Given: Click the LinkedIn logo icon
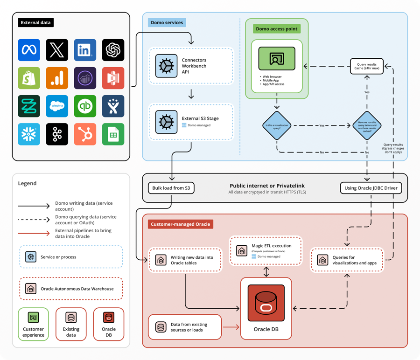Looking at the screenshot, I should (x=85, y=50).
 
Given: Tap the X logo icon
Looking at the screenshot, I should (x=57, y=50).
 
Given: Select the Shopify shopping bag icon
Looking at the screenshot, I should (x=29, y=78).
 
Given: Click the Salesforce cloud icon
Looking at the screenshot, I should (x=57, y=106).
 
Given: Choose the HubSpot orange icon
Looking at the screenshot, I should (x=85, y=134).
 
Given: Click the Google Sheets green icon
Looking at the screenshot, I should (x=113, y=134).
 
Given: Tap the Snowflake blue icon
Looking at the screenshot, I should (x=29, y=134).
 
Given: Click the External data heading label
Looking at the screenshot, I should (x=36, y=22).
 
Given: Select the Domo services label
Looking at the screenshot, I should (x=167, y=22).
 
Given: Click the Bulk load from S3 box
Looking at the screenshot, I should (x=170, y=188).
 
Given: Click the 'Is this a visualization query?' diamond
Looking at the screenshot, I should (x=277, y=125).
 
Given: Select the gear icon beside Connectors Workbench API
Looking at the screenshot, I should (x=166, y=66).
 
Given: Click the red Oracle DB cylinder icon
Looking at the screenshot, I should (x=266, y=306).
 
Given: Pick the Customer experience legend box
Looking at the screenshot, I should (x=33, y=323).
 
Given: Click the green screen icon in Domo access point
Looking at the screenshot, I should (x=277, y=59).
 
